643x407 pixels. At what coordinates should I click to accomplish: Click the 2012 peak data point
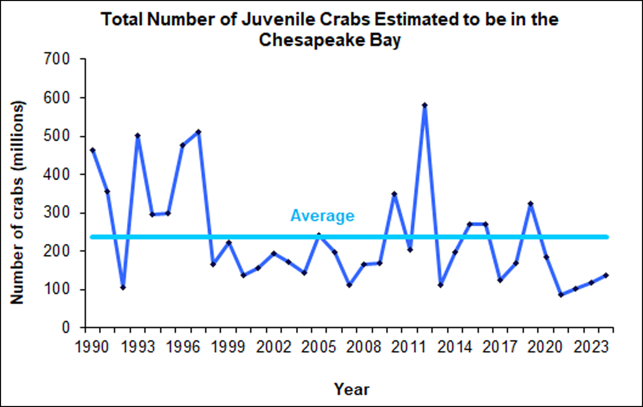(x=425, y=105)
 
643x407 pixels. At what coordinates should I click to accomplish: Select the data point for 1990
(x=92, y=150)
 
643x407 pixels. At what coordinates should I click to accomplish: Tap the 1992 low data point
(x=123, y=287)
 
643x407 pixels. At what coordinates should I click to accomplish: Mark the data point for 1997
(x=198, y=132)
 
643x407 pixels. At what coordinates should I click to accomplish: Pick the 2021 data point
(x=561, y=295)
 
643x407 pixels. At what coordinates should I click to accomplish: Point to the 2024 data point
(x=606, y=275)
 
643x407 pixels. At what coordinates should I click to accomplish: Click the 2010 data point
(x=394, y=194)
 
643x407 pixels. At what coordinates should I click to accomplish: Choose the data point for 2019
(x=531, y=204)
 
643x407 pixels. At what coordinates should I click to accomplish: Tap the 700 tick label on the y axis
(x=57, y=59)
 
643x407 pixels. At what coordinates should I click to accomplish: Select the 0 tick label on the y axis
(x=66, y=327)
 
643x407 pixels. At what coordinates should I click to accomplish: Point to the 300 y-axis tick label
(x=57, y=213)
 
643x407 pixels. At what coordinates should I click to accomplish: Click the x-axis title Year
(x=351, y=390)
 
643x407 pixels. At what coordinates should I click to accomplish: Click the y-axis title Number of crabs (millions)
(x=17, y=203)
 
